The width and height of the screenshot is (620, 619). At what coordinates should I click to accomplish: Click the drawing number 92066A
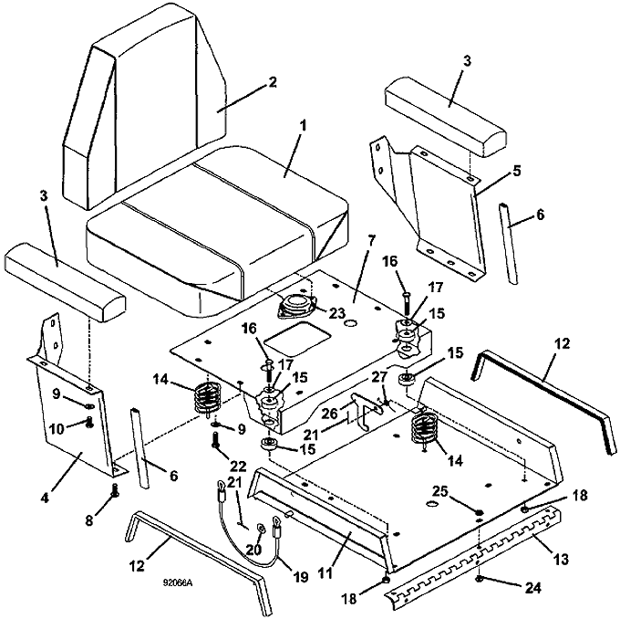coord(178,582)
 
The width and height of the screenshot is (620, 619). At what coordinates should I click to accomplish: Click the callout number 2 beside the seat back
coord(272,82)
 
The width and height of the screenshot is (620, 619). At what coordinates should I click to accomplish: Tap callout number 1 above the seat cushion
coord(304,127)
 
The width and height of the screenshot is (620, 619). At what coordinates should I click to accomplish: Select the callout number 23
coord(337,313)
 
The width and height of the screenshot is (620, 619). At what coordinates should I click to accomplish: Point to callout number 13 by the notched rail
coord(560,559)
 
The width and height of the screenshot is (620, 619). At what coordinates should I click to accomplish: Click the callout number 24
coord(532,588)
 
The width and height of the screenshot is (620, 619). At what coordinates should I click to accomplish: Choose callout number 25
coord(440,492)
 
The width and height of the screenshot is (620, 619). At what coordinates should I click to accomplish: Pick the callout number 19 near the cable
coord(301,577)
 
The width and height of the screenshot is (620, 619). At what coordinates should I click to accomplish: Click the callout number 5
coord(517,171)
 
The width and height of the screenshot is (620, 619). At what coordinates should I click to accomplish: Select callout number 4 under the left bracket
coord(45,498)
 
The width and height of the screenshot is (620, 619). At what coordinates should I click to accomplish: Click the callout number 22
coord(238,467)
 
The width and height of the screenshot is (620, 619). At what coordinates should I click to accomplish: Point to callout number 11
coord(325,573)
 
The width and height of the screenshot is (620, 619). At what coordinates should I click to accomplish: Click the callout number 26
coord(330,414)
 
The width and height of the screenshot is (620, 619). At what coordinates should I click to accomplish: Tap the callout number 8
coord(89,520)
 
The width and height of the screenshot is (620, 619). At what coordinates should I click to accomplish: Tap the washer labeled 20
coord(262,528)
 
